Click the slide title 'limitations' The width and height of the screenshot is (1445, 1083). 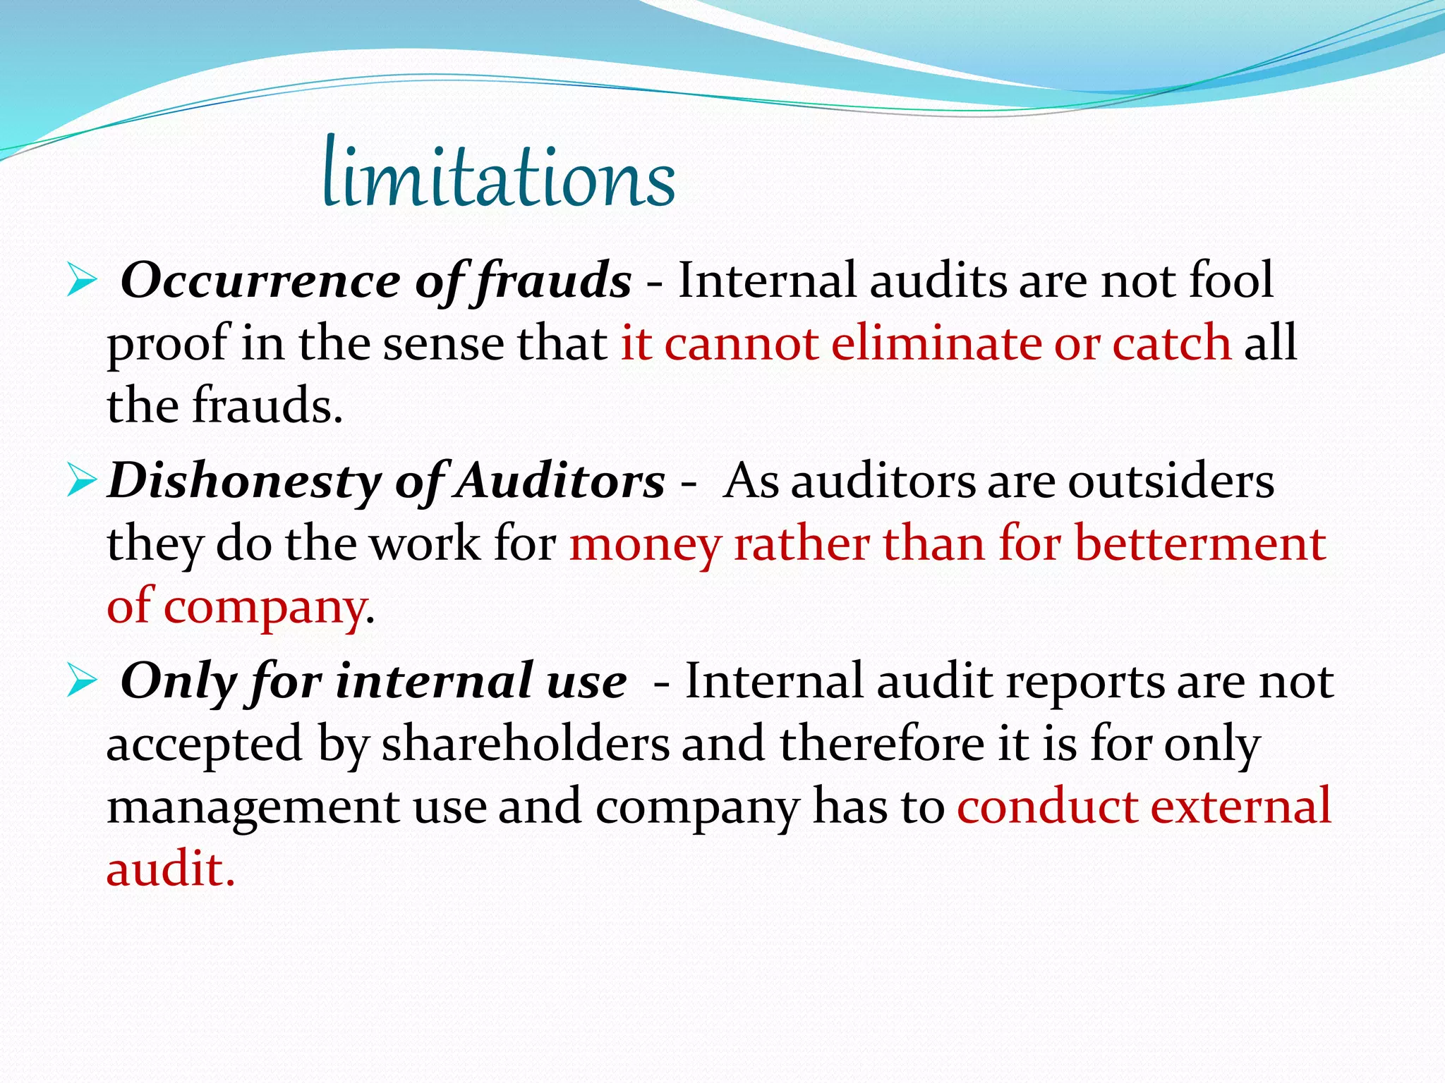tap(499, 175)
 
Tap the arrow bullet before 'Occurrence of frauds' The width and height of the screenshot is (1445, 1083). tap(81, 282)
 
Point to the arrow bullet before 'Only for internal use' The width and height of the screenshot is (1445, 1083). tap(81, 683)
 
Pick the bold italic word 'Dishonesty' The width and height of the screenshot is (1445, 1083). tap(244, 482)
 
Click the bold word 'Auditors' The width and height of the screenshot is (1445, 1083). tap(560, 482)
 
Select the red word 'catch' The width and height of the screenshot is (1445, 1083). tap(1171, 343)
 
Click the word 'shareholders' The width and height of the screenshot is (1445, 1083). tap(525, 744)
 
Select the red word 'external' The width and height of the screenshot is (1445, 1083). tap(1241, 806)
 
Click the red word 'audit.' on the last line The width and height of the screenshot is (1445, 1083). tap(170, 869)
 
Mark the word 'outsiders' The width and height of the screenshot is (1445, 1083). tap(1171, 482)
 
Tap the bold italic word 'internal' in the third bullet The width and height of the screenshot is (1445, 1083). tap(434, 682)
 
